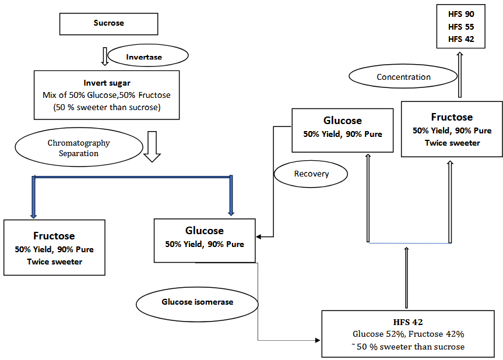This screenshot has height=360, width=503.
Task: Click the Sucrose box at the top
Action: (109, 23)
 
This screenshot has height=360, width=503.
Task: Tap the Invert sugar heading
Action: (106, 83)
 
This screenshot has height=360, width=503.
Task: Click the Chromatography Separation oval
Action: (79, 148)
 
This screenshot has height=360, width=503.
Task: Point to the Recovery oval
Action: (311, 174)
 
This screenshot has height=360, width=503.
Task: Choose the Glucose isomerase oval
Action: (197, 302)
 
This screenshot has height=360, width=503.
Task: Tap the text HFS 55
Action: (461, 27)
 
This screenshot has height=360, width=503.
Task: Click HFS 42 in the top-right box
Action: (461, 39)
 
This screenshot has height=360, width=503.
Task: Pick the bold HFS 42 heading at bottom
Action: (408, 322)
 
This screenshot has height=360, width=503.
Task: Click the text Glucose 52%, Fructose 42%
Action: (408, 334)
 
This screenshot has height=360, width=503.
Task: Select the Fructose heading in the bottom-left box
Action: (54, 236)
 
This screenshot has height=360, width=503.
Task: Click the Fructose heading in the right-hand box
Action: (452, 117)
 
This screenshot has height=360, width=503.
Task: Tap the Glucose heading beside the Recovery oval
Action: (343, 121)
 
